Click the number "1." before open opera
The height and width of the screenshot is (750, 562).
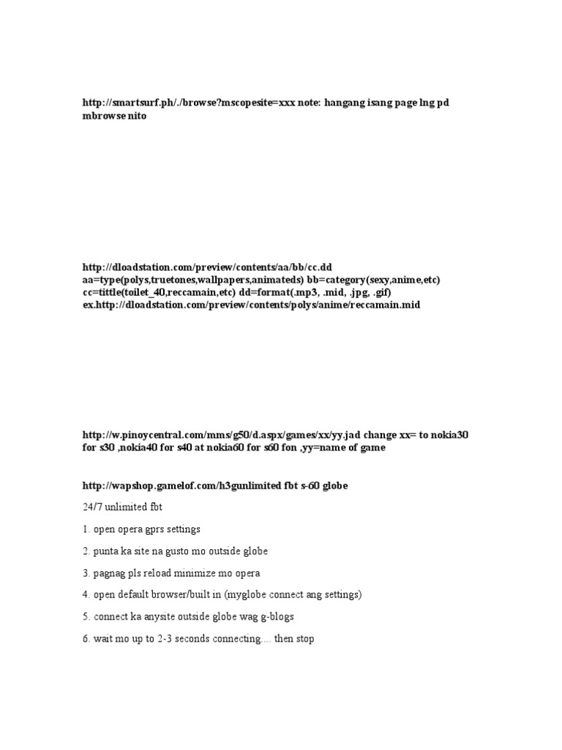click(86, 529)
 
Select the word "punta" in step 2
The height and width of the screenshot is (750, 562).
click(105, 551)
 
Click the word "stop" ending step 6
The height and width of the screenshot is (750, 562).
click(305, 639)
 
